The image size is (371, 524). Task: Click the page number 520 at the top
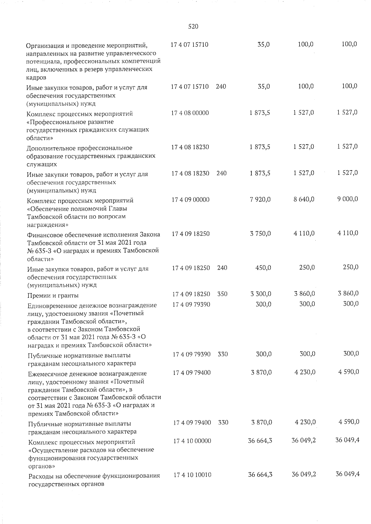point(193,27)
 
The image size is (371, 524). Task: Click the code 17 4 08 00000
point(190,113)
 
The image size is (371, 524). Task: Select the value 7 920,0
point(260,200)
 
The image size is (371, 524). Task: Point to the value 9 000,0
point(348,199)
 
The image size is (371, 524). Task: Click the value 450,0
point(263,268)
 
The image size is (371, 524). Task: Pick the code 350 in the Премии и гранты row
point(222,294)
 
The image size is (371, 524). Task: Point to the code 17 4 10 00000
point(192,441)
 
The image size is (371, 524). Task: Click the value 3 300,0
point(261,294)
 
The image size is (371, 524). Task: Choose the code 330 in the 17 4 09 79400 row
point(223,422)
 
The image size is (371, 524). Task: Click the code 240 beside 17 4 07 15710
point(221,87)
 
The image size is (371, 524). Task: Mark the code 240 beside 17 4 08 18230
point(221,174)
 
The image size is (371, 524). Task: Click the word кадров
point(36,78)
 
